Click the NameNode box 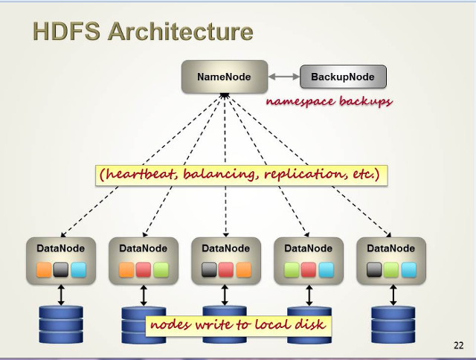click(x=225, y=77)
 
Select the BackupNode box click(x=343, y=77)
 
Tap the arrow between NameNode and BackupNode click(x=284, y=77)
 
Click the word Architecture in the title click(x=180, y=31)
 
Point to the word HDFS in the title click(x=66, y=31)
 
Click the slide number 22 click(x=459, y=345)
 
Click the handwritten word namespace click(x=300, y=101)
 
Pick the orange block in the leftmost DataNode click(x=44, y=270)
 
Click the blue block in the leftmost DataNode click(x=79, y=270)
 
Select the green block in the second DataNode click(x=161, y=270)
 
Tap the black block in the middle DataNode click(x=209, y=270)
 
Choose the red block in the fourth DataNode click(x=309, y=270)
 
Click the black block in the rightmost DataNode click(x=374, y=270)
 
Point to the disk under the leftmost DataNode click(x=61, y=325)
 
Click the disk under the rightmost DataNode click(x=393, y=325)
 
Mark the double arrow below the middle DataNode click(x=225, y=295)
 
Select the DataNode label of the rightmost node click(x=390, y=248)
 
